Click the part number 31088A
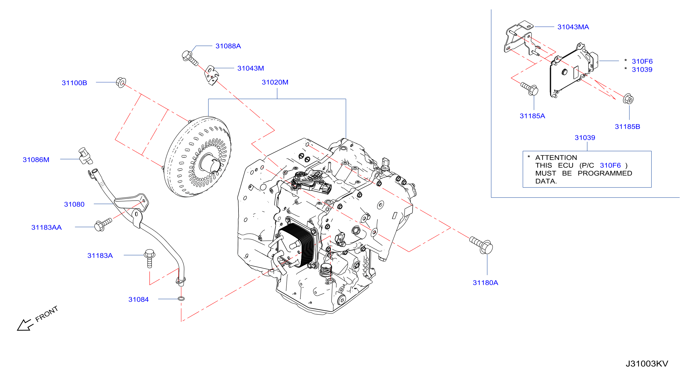(x=228, y=46)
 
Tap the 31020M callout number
(x=275, y=82)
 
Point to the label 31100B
(x=74, y=83)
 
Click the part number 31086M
(x=36, y=160)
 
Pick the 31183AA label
(x=46, y=227)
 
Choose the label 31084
(x=138, y=299)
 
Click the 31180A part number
(x=485, y=283)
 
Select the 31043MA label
(x=573, y=27)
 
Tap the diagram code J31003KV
(x=647, y=364)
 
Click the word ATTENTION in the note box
(x=556, y=157)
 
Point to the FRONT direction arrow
(x=25, y=325)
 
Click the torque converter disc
(x=197, y=157)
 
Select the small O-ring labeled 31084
(x=181, y=299)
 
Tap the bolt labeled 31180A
(x=482, y=245)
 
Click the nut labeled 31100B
(x=121, y=82)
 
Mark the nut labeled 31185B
(x=628, y=99)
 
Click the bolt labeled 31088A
(x=190, y=58)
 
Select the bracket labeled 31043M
(x=211, y=75)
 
